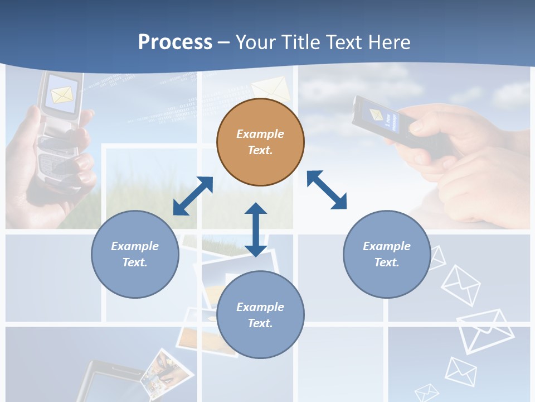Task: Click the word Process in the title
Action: pos(175,42)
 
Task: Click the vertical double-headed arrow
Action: pos(256,229)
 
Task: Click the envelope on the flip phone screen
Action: pos(62,94)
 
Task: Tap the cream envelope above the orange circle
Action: pos(271,88)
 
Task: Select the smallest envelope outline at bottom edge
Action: pos(427,393)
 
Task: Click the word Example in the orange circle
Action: pos(260,134)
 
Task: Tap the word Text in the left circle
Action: pos(135,262)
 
